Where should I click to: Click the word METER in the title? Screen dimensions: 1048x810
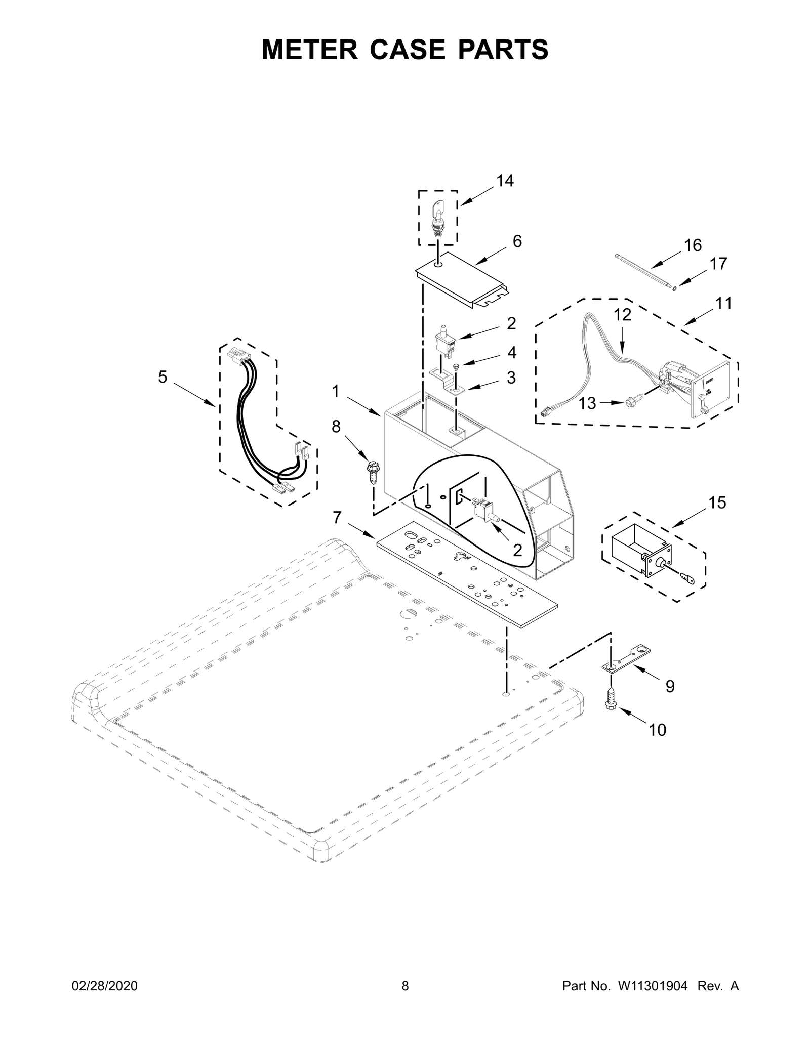click(310, 50)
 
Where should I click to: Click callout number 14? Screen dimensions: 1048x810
click(505, 181)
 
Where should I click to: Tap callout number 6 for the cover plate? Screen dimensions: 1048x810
click(517, 241)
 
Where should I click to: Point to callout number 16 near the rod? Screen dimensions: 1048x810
click(693, 245)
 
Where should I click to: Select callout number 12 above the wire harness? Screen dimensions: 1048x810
click(623, 315)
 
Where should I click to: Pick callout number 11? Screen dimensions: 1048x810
click(724, 304)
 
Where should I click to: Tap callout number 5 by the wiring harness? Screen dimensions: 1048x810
click(163, 376)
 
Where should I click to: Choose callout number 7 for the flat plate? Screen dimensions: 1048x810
click(337, 517)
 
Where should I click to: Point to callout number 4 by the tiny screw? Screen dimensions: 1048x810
click(512, 352)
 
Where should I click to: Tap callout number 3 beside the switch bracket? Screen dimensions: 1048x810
click(511, 378)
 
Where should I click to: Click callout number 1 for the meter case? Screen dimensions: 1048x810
click(336, 391)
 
